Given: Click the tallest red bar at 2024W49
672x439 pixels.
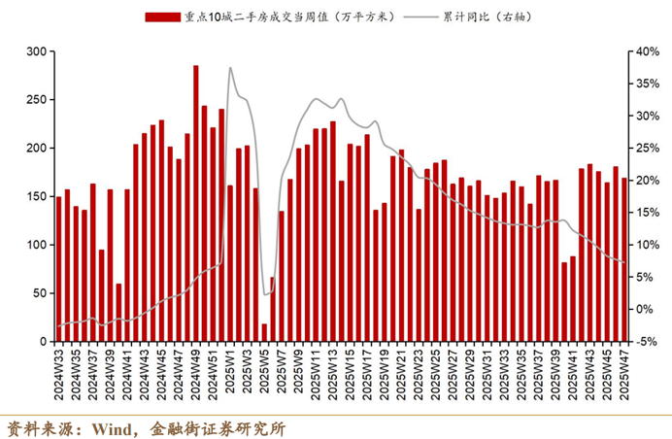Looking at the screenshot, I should coord(196,204).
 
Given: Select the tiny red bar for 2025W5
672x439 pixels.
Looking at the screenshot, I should coord(264,333).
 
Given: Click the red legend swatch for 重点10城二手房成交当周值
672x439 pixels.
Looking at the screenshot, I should coord(161,17).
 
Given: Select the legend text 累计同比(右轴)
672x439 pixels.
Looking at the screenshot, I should coord(498,17).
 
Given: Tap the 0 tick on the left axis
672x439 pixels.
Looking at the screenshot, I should coord(42,342).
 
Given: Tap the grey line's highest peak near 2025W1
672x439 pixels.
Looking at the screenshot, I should coord(230,68).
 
